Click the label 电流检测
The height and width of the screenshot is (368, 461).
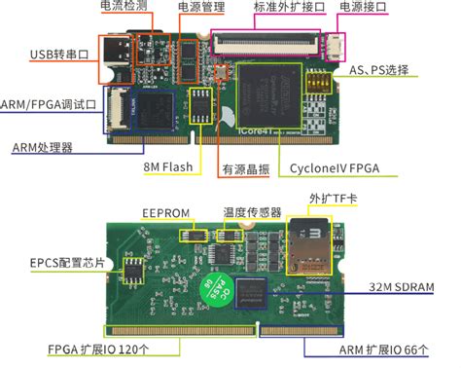(124, 7)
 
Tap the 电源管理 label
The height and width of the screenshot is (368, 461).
(201, 7)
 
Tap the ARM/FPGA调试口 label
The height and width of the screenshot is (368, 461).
(49, 104)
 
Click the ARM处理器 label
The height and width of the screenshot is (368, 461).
(46, 147)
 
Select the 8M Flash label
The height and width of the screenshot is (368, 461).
(169, 167)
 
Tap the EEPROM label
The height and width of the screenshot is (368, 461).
(167, 213)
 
